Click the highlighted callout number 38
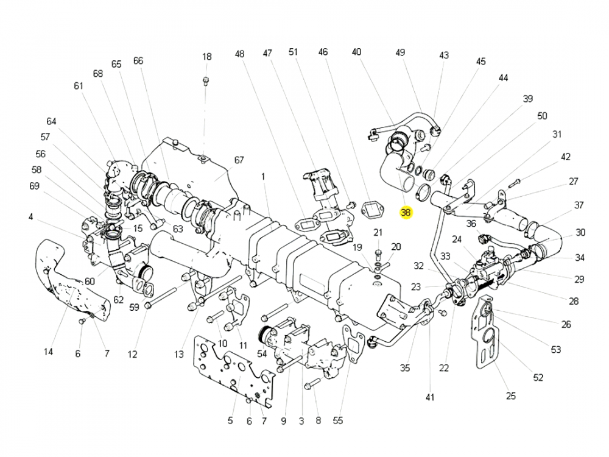coord(406,213)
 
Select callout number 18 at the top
coord(207,57)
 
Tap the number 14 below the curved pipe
coord(49,352)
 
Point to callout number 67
coord(239,160)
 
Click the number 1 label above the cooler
coord(264,177)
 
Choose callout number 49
coord(400,52)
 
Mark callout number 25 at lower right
coord(510,396)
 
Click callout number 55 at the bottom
coord(338,420)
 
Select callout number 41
coord(431,397)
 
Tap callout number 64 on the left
coord(51,121)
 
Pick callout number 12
coord(133,354)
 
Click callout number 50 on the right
coord(542,116)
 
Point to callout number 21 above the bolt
coord(378,232)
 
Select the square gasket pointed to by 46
coord(371,210)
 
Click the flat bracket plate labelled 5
coord(234,369)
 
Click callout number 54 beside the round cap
coord(262,353)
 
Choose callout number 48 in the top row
coord(239,54)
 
